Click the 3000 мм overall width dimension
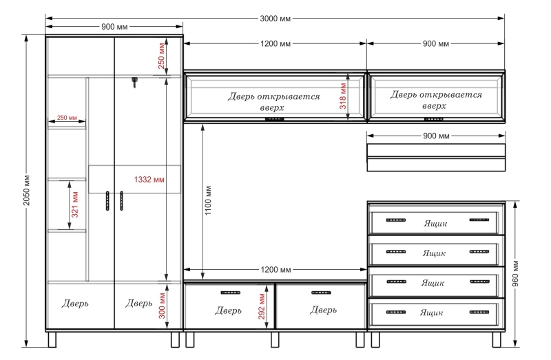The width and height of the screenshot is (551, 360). (275, 19)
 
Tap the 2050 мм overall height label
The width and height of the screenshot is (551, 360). (27, 190)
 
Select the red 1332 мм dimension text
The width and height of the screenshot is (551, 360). (149, 180)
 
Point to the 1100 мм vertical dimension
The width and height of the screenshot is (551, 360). (208, 200)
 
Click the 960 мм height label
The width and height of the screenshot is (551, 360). (515, 273)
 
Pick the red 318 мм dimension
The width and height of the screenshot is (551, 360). (343, 96)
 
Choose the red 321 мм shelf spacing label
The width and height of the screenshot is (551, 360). (75, 204)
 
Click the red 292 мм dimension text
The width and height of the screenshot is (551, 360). (262, 306)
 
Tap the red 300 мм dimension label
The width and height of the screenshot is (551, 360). (162, 306)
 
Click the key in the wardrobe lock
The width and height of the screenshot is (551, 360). (134, 82)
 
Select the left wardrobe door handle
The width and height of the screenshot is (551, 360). (107, 201)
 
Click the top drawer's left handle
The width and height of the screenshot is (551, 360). (395, 220)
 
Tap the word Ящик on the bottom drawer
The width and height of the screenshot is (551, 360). (431, 313)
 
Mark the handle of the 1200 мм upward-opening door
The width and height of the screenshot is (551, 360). (274, 119)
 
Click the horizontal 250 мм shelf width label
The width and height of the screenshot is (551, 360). (67, 117)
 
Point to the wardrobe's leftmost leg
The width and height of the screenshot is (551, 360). (52, 339)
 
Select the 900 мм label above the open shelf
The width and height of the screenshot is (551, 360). (436, 136)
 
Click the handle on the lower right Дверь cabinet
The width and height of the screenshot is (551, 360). (321, 293)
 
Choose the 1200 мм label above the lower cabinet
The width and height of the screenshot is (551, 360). (275, 269)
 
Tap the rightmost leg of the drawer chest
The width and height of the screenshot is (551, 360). (497, 339)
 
